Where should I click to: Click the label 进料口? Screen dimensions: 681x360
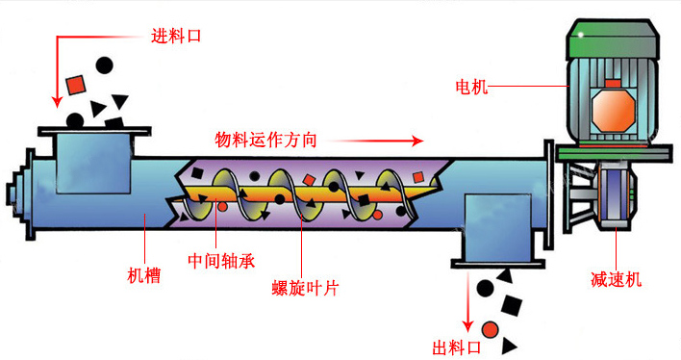tap(176, 36)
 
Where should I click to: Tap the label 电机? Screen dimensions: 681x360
tap(471, 87)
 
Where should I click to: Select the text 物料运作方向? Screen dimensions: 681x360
tap(265, 140)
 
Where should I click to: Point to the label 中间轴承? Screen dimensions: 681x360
tap(221, 261)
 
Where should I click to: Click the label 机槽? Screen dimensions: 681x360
tap(143, 275)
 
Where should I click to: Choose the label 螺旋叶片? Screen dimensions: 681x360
tap(305, 288)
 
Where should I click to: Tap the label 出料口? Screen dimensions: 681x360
tap(457, 347)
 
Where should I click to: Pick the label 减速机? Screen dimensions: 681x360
tap(616, 279)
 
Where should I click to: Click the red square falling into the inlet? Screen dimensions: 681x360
tap(76, 85)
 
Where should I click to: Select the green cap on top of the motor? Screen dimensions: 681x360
tap(613, 39)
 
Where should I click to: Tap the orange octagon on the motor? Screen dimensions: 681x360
tap(614, 110)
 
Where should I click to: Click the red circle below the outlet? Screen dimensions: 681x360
tap(490, 329)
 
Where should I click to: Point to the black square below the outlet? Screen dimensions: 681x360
tap(512, 305)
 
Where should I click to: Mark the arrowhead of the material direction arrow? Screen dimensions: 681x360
tap(417, 141)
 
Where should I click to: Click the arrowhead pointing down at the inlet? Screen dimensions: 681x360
tap(57, 102)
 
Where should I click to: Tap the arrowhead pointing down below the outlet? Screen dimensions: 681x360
tap(467, 326)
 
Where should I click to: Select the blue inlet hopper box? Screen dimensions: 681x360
tap(93, 164)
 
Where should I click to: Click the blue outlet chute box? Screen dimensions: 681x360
tap(497, 227)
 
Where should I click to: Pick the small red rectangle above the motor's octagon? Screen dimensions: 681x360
tap(613, 84)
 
